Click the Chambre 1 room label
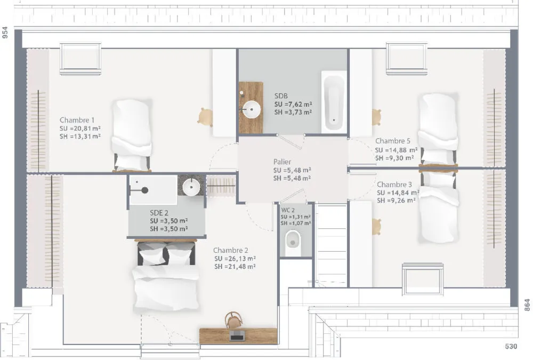point(77,120)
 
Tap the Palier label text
point(282,162)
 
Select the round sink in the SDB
point(252,109)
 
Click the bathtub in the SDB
point(334,102)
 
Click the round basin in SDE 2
point(191,187)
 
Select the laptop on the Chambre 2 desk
point(237,335)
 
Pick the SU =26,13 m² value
point(235,259)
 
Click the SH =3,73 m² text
point(293,113)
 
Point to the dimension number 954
point(5,33)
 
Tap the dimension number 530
point(511,346)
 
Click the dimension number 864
point(527,305)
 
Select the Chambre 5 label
point(393,141)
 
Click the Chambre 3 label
point(394,185)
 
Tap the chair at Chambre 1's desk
point(205,117)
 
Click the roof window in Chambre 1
point(80,59)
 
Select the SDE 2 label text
point(159,213)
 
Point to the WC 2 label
point(288,210)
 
